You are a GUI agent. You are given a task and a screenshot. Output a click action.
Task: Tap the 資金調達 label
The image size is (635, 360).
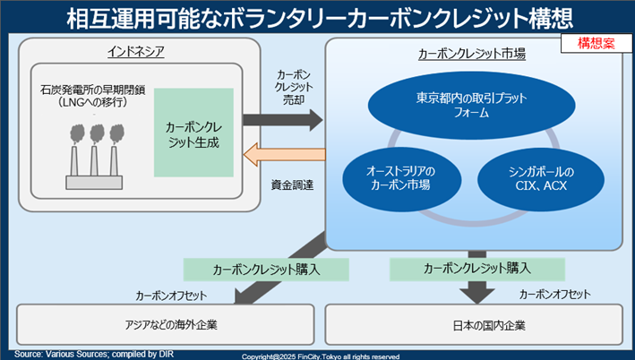coord(292,184)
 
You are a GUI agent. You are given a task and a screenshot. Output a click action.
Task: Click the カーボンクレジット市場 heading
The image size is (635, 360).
coord(472,54)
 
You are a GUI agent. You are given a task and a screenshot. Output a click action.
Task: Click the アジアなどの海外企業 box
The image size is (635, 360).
coord(166,322)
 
